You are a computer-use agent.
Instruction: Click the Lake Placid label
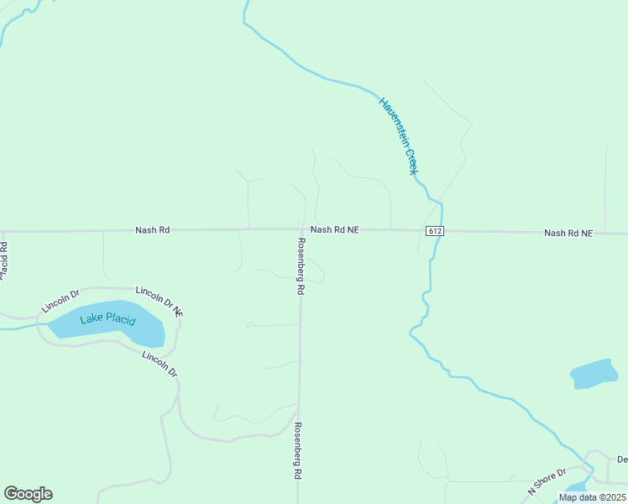pos(107,320)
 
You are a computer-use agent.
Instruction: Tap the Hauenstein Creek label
pos(398,135)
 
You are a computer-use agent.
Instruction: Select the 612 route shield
pos(434,231)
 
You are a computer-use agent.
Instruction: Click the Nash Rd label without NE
pos(153,229)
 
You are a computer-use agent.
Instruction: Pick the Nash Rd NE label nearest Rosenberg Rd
pos(335,229)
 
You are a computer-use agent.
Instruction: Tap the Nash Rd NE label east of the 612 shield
pos(568,233)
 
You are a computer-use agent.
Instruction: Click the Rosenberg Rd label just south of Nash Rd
pos(300,265)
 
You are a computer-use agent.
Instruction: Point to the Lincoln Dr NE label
pos(160,302)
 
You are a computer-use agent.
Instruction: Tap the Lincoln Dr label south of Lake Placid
pos(160,364)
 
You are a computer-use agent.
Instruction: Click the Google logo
pos(28,494)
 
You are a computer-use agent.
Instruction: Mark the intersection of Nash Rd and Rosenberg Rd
pos(300,229)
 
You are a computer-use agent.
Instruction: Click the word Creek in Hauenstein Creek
pos(411,160)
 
